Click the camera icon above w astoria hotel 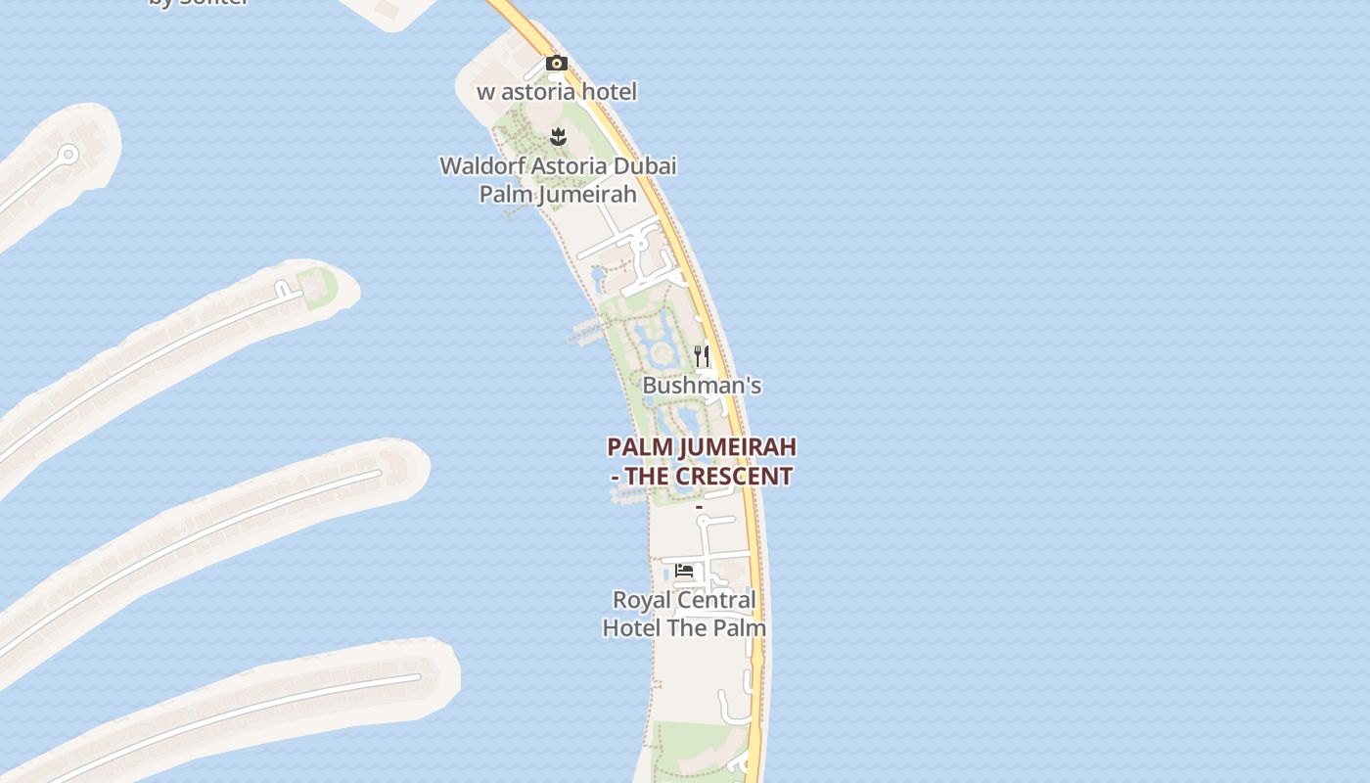coord(557,64)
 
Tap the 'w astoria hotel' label coord(557,92)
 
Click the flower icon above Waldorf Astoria coord(558,136)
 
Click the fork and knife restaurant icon coord(702,355)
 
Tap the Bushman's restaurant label coord(702,386)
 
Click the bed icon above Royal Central coord(684,570)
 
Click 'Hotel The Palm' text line coord(684,627)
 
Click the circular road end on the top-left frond coord(68,154)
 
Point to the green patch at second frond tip coord(318,286)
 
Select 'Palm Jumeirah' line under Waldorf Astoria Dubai coord(558,194)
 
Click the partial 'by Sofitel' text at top coord(199,3)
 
